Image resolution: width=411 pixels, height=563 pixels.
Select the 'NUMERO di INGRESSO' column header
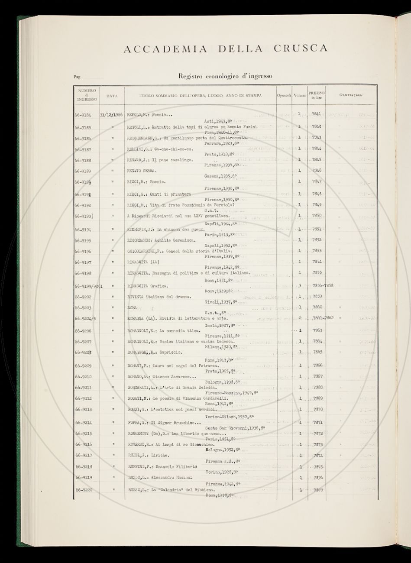pos(87,95)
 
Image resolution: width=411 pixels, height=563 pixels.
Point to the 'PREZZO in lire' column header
pos(317,95)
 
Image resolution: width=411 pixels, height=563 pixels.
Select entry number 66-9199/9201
pos(88,286)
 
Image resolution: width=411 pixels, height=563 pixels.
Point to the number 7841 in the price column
pos(317,114)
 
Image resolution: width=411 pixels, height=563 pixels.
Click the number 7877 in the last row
pos(318,490)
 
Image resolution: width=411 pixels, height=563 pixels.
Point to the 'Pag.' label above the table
pos(78,78)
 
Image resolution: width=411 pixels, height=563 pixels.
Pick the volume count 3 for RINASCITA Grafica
pos(300,285)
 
